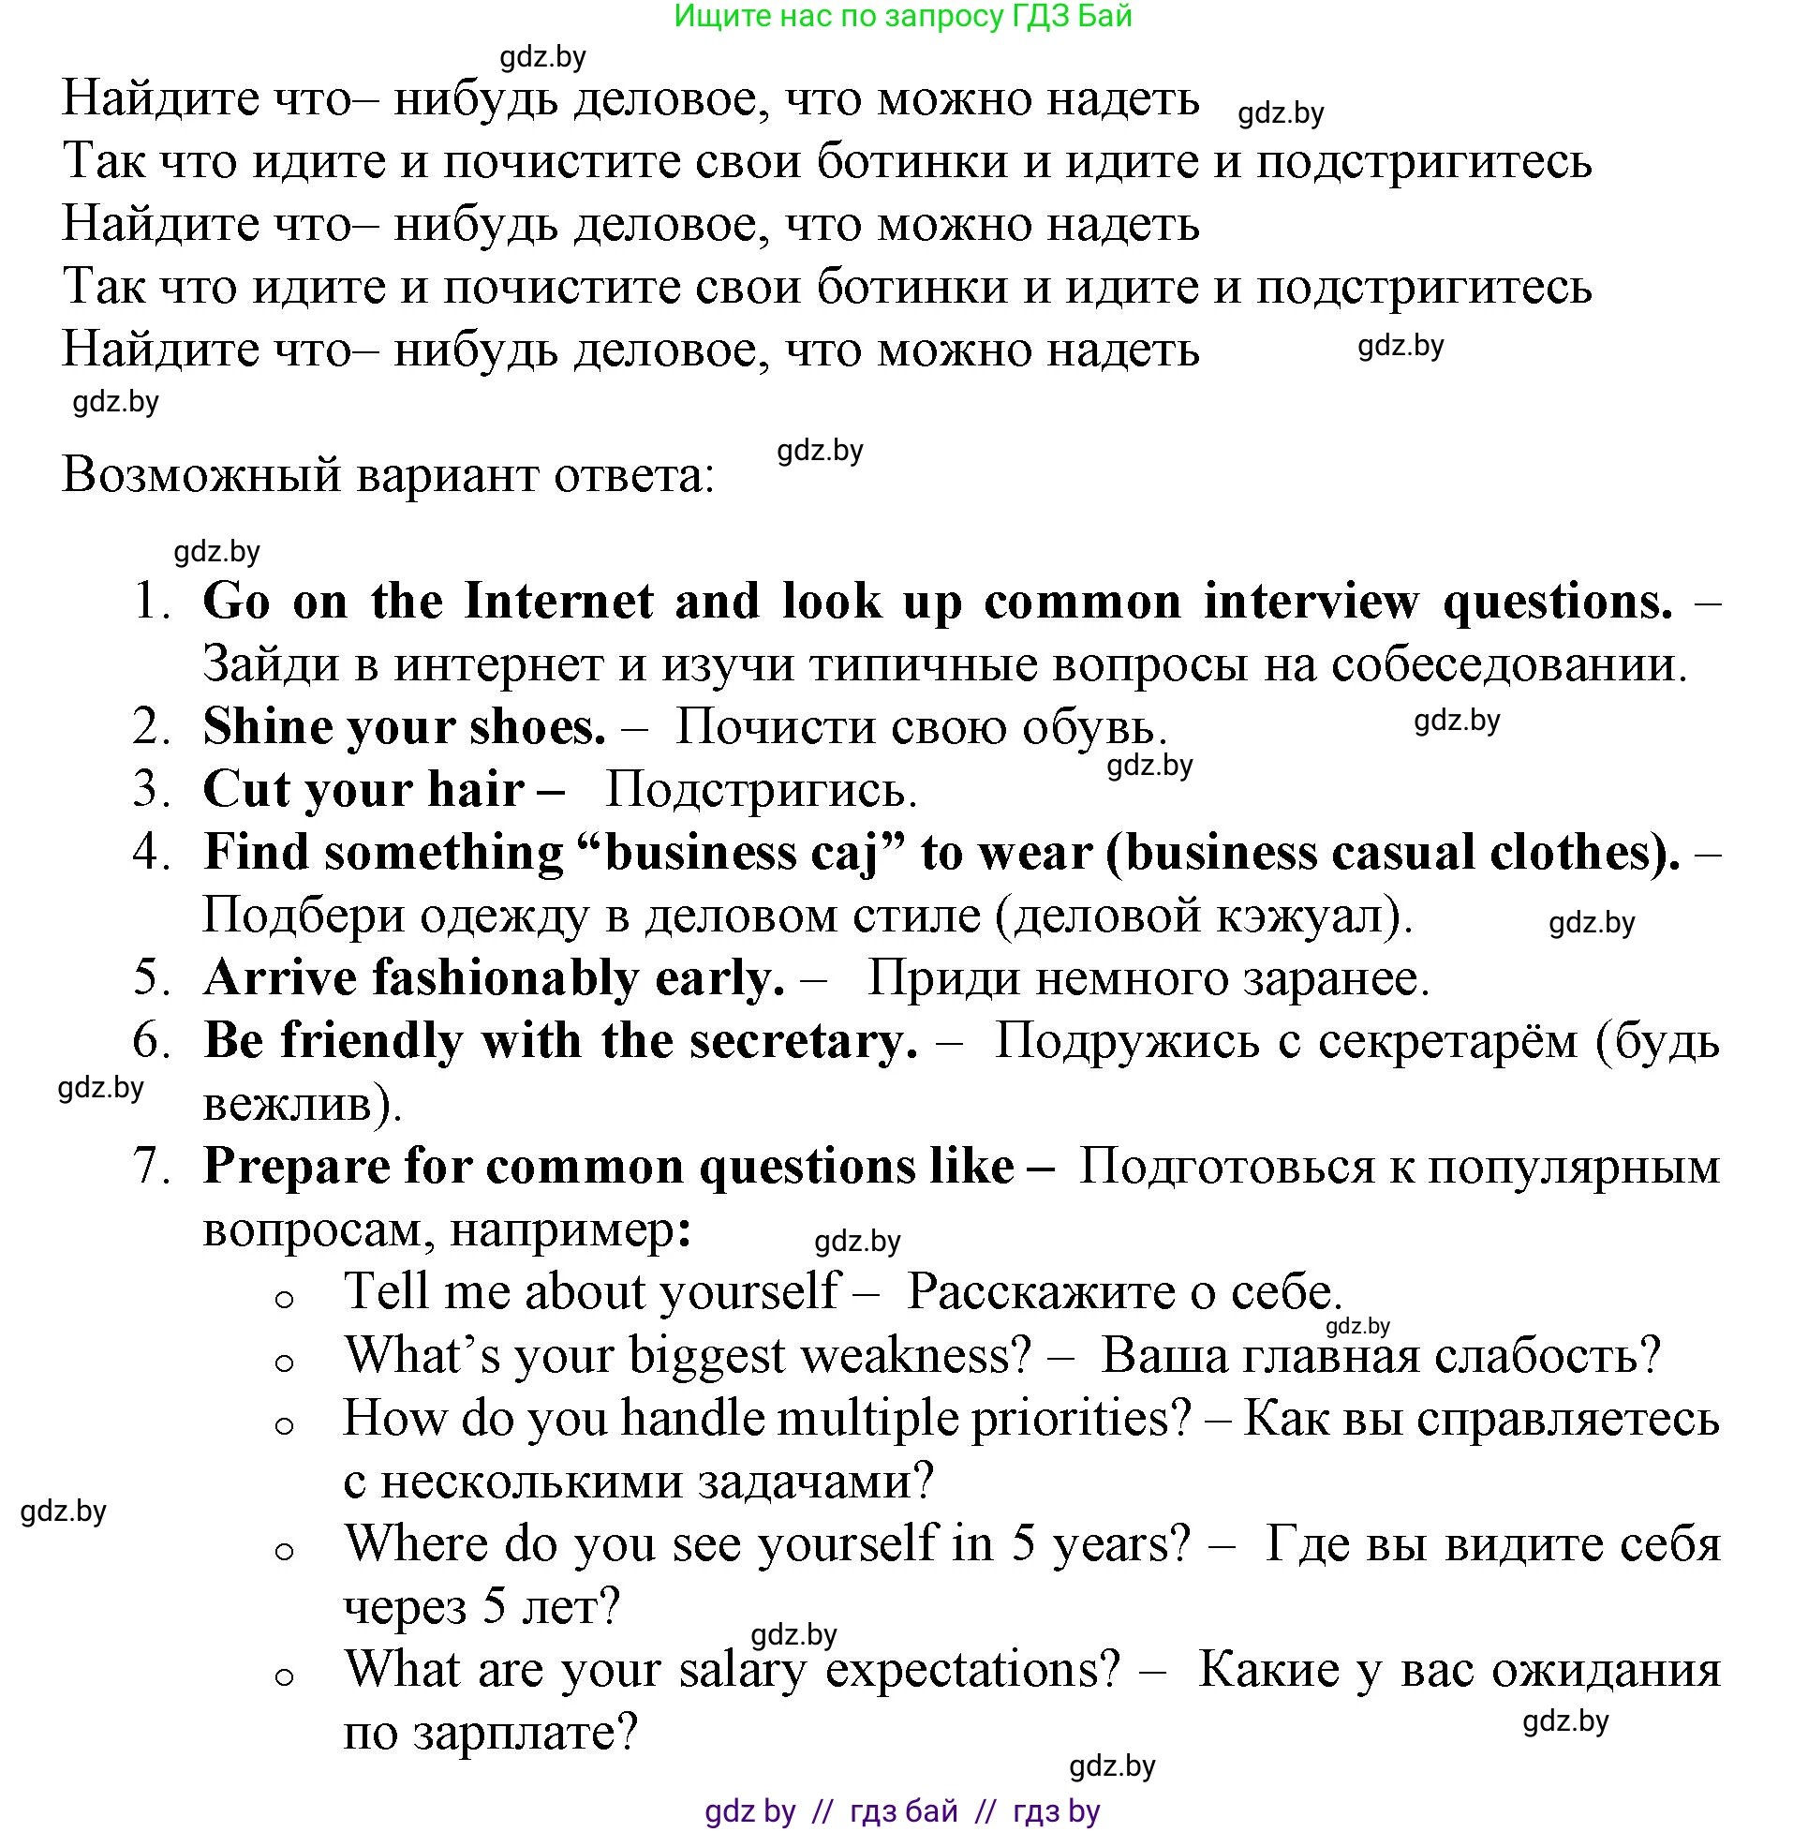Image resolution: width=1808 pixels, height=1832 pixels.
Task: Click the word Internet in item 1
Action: (x=558, y=602)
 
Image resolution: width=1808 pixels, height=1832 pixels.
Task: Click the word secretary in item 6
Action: (x=803, y=1041)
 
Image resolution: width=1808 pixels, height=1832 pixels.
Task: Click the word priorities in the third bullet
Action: (x=1081, y=1419)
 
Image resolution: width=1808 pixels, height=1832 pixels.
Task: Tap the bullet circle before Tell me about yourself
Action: (x=285, y=1300)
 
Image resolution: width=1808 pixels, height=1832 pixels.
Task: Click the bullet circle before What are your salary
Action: (x=285, y=1677)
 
